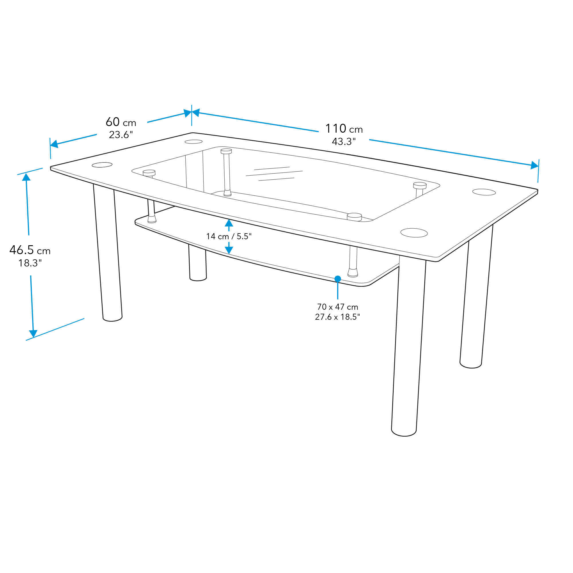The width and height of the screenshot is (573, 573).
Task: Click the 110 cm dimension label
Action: click(x=344, y=129)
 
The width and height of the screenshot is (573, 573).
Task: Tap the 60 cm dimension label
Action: click(x=121, y=122)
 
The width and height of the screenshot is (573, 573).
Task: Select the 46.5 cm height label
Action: click(x=30, y=250)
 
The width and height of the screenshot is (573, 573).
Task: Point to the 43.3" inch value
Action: click(x=344, y=142)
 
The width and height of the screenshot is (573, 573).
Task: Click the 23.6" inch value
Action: click(x=121, y=135)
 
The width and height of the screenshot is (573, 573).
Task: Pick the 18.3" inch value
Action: click(x=30, y=263)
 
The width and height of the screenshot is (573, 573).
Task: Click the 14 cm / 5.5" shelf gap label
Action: click(x=229, y=236)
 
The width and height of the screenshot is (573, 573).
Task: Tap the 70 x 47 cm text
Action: click(x=337, y=307)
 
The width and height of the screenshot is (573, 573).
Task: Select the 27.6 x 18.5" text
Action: click(x=337, y=317)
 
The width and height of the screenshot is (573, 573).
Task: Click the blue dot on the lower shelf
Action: click(x=337, y=279)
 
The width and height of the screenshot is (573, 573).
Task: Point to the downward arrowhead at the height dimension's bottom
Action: click(x=33, y=333)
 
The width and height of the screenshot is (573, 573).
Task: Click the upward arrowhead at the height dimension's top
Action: click(x=26, y=177)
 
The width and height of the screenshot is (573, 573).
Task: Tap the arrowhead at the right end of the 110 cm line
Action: click(x=534, y=165)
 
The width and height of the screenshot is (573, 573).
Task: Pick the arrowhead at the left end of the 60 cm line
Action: click(x=54, y=144)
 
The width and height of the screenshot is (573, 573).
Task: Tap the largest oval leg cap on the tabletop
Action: click(x=414, y=233)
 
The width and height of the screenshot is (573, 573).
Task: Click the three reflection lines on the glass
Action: click(x=274, y=174)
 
